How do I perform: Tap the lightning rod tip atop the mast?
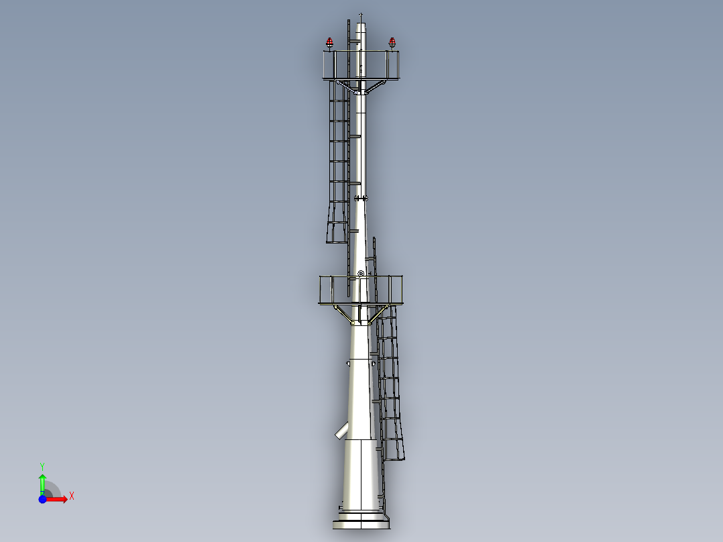(361, 14)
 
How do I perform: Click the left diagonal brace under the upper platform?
(347, 86)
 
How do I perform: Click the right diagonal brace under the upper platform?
(376, 86)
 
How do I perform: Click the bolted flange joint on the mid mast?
(361, 198)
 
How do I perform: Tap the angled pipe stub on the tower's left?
(343, 431)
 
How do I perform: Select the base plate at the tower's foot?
(361, 523)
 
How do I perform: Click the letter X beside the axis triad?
(71, 496)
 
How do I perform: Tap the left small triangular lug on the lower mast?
(348, 363)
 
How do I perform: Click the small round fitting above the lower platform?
(361, 273)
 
